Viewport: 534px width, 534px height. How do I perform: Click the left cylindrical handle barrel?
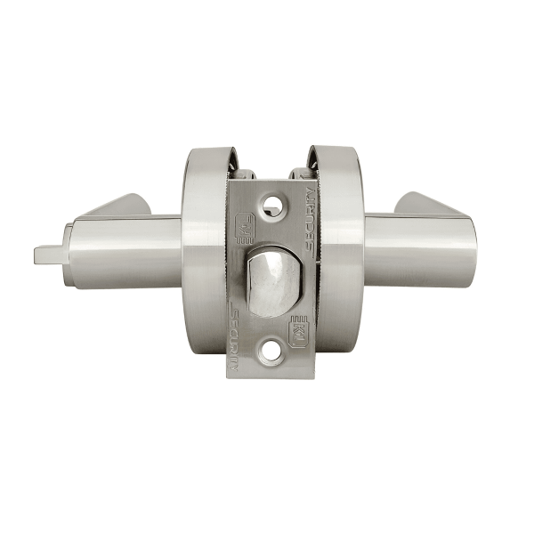click(x=133, y=249)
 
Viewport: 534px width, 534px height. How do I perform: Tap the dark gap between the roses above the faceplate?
click(x=267, y=160)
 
